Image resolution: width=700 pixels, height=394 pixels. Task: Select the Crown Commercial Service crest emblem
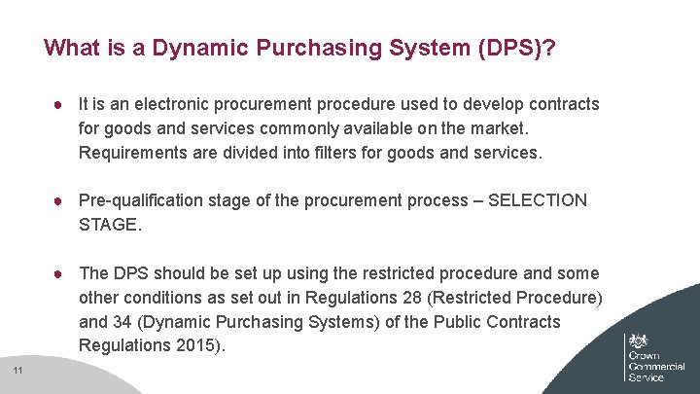(x=639, y=342)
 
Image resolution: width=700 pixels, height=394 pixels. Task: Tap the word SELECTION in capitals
(x=537, y=200)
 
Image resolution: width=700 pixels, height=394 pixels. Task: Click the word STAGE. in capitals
(x=110, y=225)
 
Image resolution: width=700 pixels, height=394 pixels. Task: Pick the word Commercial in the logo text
(x=656, y=366)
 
